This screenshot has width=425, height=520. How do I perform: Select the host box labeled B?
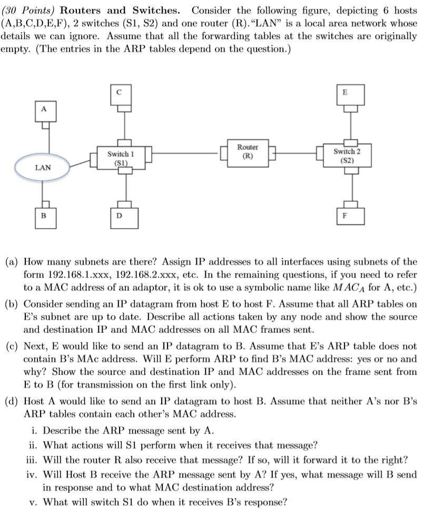[44, 216]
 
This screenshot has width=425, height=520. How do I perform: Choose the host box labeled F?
[345, 216]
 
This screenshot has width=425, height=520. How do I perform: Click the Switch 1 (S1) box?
[121, 158]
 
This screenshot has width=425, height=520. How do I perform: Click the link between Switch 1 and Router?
[184, 154]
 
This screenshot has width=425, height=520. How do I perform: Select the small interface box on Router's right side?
[272, 154]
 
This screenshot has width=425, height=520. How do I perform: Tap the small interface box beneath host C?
[124, 108]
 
